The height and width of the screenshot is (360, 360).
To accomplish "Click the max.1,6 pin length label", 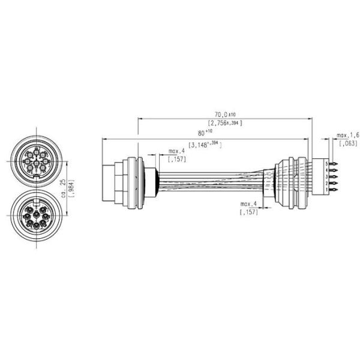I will coord(347,135).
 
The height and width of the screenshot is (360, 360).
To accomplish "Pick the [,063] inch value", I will coord(347,144).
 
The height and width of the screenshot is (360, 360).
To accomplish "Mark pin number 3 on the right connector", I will coord(326,176).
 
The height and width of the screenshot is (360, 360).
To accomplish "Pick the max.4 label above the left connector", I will coord(177,151).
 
